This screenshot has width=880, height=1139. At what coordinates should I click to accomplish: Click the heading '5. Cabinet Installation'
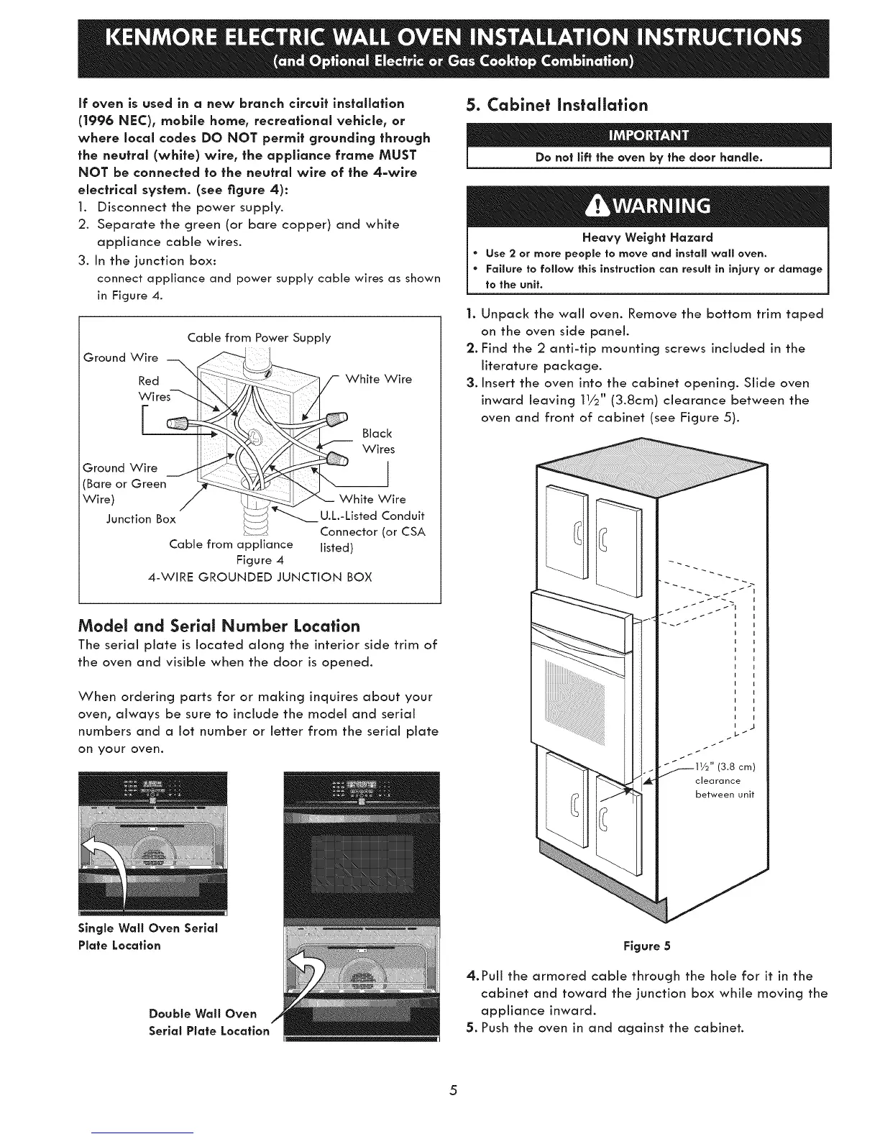(x=556, y=105)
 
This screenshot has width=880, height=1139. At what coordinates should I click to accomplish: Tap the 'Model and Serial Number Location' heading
(x=219, y=625)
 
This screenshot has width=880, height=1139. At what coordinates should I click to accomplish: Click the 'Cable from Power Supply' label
(x=259, y=337)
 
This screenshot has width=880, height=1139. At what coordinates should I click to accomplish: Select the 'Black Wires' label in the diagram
(x=378, y=442)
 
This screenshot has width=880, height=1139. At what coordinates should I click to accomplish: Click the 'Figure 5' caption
(x=653, y=946)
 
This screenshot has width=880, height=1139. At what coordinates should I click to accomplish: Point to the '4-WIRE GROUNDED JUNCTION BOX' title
(x=260, y=577)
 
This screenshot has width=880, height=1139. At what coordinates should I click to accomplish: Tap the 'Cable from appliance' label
(x=231, y=544)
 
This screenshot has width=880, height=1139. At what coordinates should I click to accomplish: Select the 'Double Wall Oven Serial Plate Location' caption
(x=208, y=1022)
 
